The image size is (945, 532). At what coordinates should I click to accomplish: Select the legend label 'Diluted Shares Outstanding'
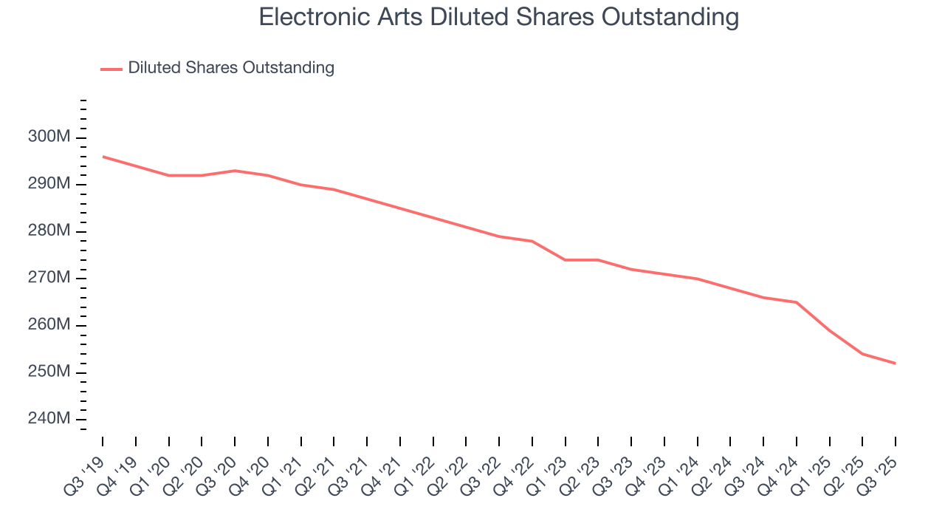click(231, 68)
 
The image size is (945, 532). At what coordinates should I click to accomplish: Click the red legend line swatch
click(111, 69)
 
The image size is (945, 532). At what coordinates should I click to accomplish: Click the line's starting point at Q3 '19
click(103, 157)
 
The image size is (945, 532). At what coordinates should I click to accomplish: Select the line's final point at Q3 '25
click(896, 364)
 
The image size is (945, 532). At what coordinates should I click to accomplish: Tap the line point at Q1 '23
click(565, 260)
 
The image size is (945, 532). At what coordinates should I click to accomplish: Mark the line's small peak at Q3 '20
click(235, 171)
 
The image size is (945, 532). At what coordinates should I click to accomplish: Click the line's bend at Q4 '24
click(797, 302)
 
